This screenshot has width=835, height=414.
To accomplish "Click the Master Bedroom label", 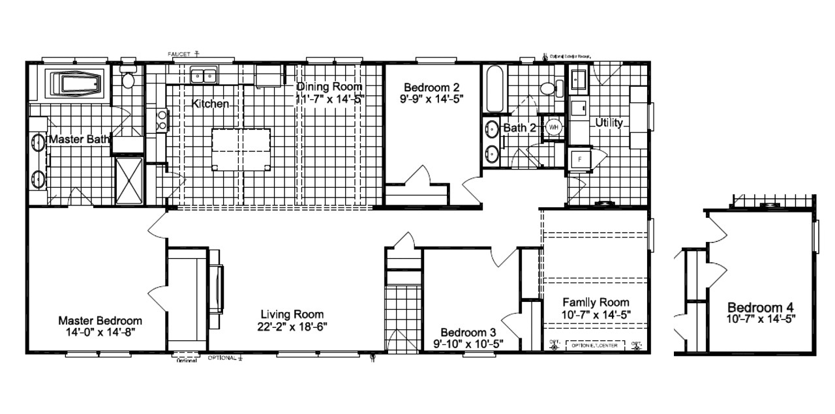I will point(100,321).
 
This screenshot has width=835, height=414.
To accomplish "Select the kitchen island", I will point(241,149).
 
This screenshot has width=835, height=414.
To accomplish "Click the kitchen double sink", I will point(204,76).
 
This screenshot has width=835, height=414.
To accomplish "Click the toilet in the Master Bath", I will point(128,79).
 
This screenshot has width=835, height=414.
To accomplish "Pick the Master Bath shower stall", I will point(129,179).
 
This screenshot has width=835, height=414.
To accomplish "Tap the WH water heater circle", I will point(554,127).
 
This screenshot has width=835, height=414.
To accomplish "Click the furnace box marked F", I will point(577,159).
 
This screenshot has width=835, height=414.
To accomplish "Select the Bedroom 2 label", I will point(431,87).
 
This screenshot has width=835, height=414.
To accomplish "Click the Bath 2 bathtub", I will point(493,89).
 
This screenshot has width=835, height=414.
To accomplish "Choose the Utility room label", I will point(609,123).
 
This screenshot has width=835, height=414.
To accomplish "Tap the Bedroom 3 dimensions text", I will point(468,344).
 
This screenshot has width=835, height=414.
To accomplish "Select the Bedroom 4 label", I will point(760,307).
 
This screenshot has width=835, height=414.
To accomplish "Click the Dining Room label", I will point(329,87).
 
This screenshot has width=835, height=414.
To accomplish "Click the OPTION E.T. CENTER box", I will point(593,346).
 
